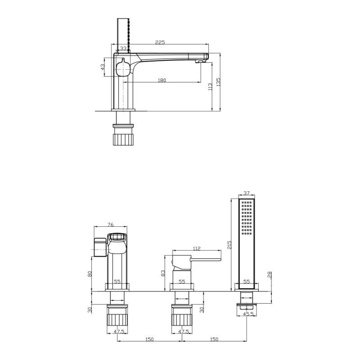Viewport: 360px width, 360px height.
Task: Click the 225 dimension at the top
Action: (160, 42)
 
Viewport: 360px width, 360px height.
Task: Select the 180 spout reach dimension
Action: (162, 80)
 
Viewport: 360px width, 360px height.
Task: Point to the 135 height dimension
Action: (218, 82)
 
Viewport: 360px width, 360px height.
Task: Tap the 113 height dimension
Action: (210, 87)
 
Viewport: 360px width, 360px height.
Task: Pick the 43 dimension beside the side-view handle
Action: (103, 67)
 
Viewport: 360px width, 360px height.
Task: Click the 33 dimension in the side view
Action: (123, 48)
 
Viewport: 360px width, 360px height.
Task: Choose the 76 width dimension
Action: (111, 225)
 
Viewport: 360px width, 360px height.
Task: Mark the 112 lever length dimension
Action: (197, 248)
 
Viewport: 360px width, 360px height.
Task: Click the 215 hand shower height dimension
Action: (229, 245)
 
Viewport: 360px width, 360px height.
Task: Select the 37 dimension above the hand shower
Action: (247, 193)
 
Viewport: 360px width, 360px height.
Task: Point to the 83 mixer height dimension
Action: (163, 273)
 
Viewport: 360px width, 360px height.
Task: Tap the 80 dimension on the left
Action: (90, 274)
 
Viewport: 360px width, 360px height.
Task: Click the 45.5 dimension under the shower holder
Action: (248, 314)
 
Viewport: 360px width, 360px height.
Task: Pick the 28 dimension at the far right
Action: (270, 274)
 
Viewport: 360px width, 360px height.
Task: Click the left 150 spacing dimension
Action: (149, 339)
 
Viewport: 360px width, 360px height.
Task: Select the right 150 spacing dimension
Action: (214, 339)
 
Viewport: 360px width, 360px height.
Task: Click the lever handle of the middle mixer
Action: (205, 260)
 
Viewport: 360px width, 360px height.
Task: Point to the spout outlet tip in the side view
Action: (199, 61)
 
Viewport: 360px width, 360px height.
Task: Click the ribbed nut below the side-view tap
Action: (123, 139)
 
